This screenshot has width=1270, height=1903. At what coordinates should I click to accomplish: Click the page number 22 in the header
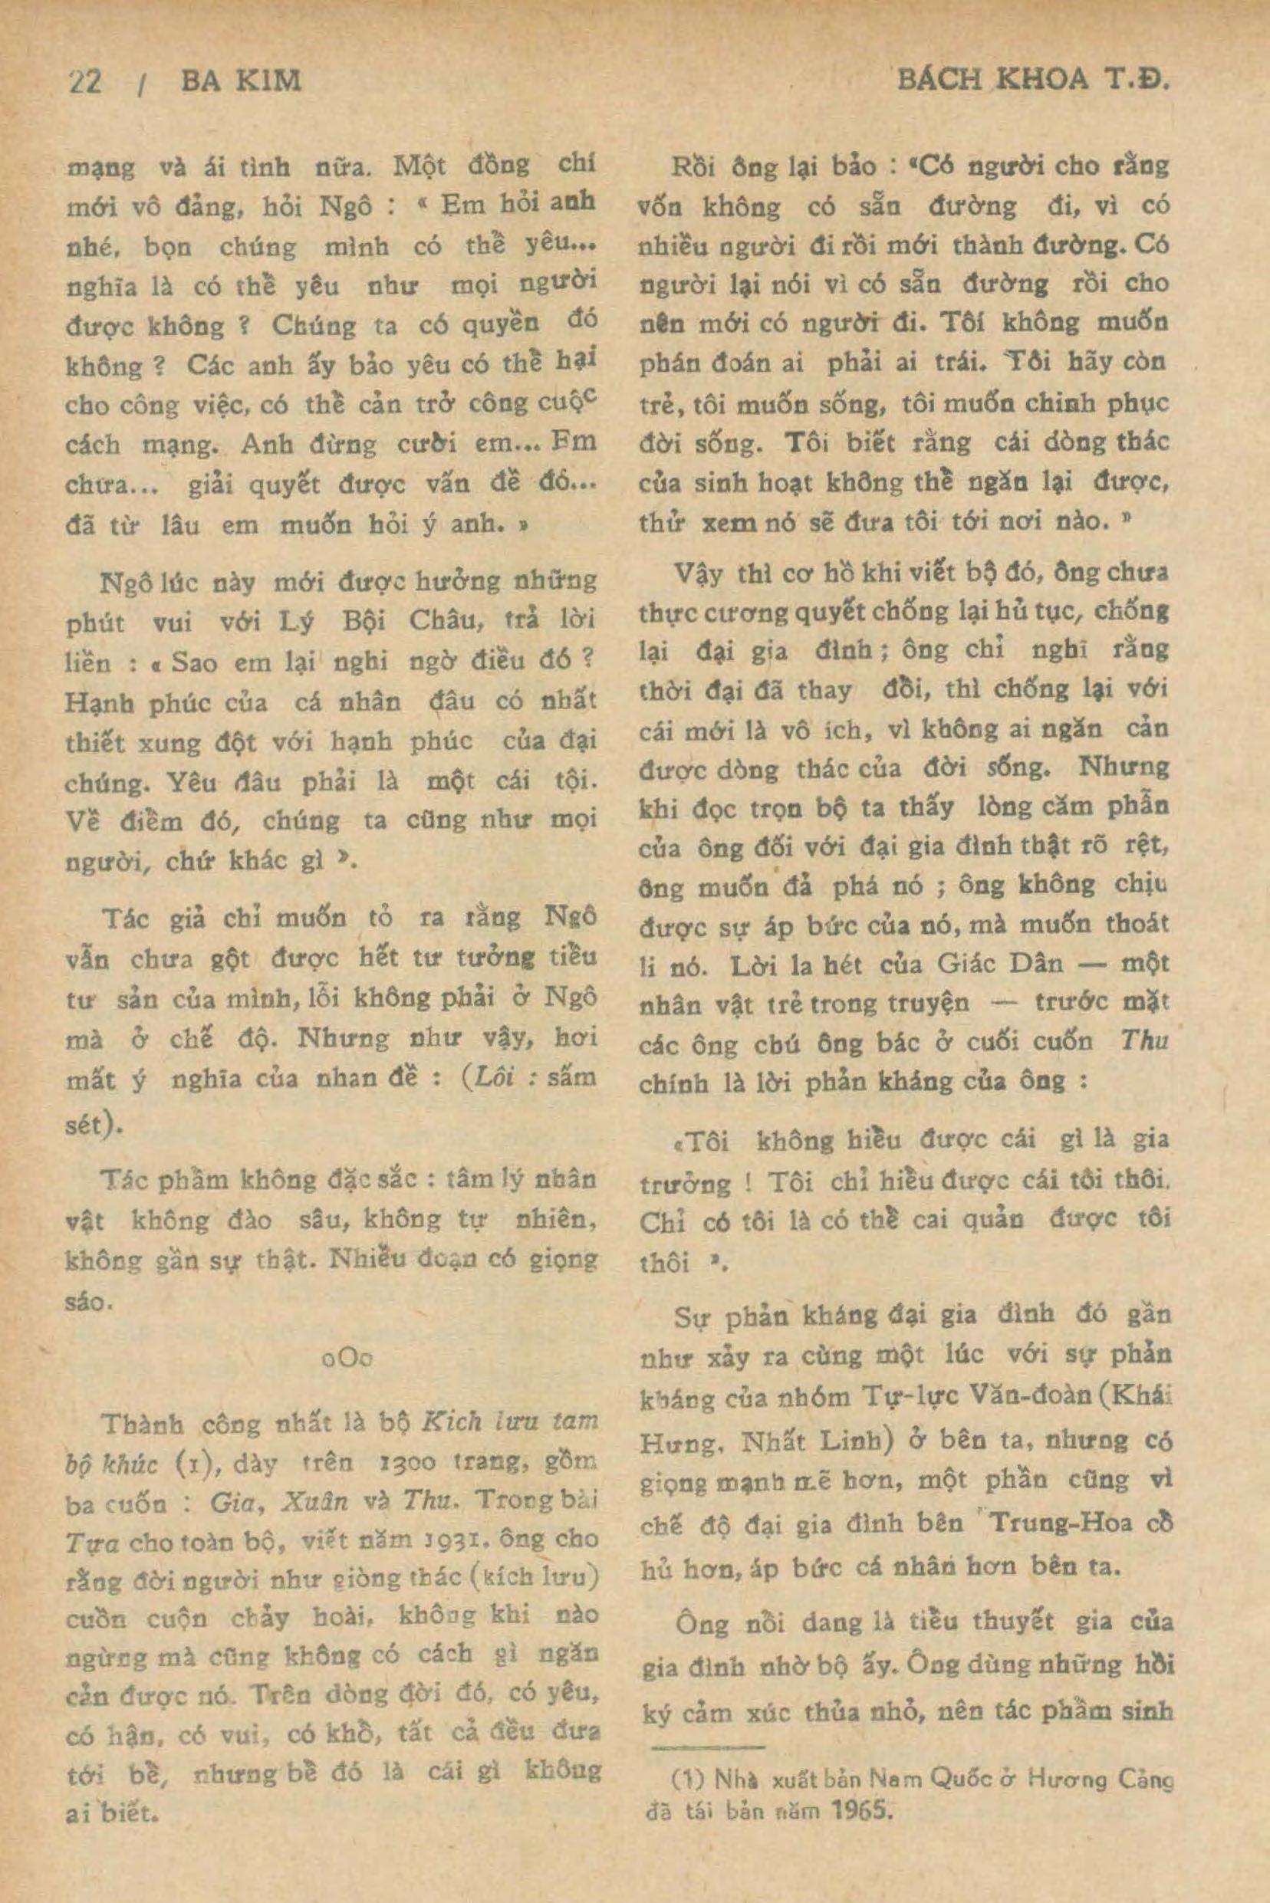coord(85,81)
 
